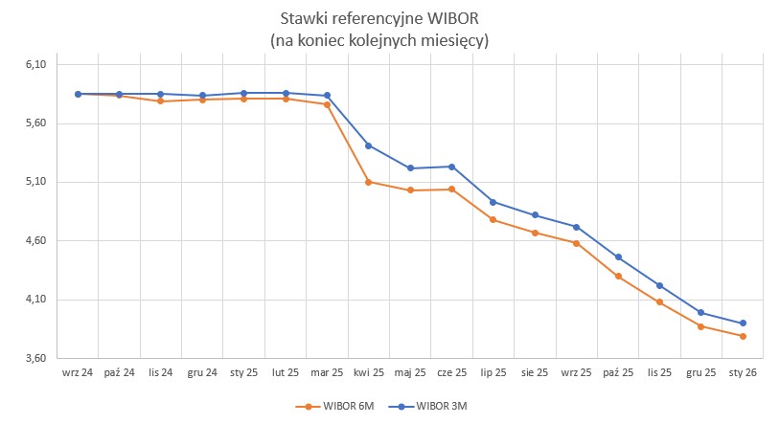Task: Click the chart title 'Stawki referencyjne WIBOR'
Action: click(386, 19)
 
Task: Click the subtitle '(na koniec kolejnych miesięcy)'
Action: click(386, 40)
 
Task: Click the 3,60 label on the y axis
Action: click(35, 358)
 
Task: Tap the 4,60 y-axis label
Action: click(35, 241)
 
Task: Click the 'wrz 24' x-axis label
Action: click(78, 372)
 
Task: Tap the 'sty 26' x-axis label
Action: click(743, 372)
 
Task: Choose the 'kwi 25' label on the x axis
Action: click(369, 372)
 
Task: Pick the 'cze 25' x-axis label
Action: click(452, 372)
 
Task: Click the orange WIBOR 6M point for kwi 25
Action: click(369, 181)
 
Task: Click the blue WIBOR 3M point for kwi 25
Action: click(369, 145)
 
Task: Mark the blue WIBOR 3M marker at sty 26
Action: click(743, 323)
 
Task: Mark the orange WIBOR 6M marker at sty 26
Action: click(743, 336)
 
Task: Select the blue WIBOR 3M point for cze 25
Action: click(452, 167)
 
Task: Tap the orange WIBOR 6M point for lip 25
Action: click(493, 220)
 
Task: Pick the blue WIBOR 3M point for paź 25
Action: click(618, 257)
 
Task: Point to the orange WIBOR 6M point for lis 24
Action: click(160, 101)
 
